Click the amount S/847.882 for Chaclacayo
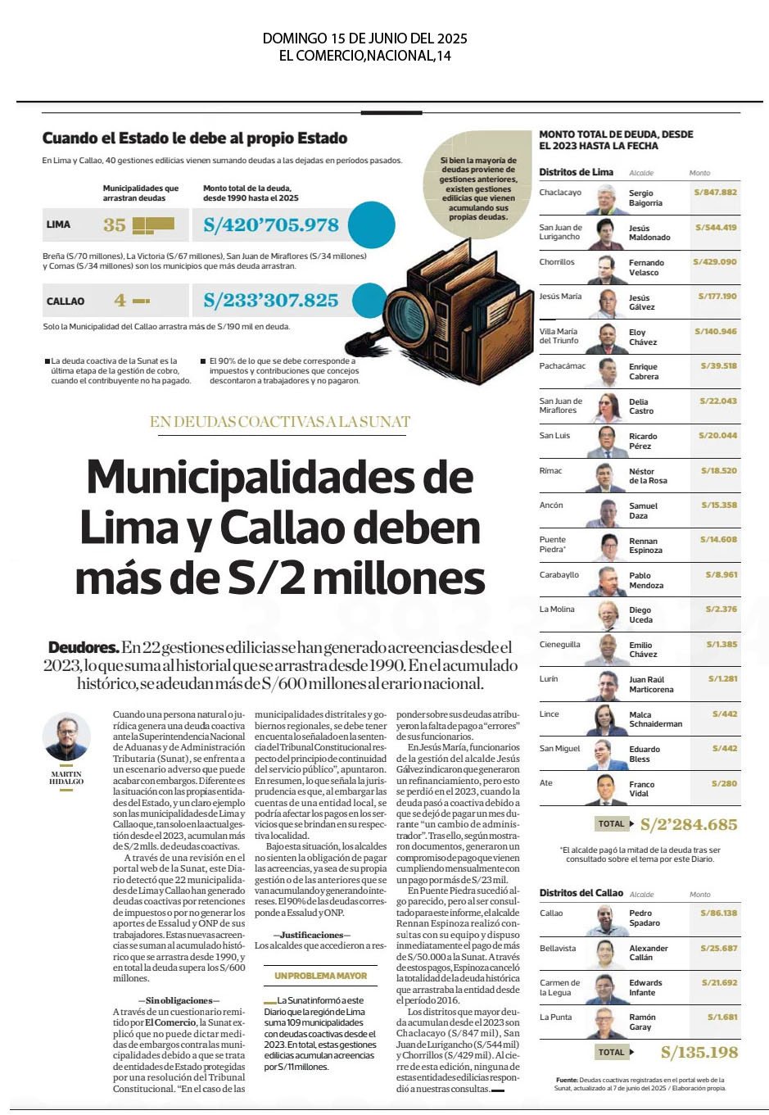715,193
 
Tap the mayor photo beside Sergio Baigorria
607,199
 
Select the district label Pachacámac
562,366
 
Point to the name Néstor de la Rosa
648,476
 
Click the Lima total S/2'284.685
688,824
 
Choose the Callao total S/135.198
699,1052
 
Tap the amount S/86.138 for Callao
718,913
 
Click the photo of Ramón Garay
607,1023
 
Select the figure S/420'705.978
271,224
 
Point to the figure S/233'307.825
271,301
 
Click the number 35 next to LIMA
115,224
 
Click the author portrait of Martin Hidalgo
66,739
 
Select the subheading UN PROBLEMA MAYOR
321,976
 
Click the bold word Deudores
84,648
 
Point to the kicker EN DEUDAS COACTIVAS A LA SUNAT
280,422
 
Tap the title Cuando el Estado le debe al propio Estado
195,138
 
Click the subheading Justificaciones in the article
311,935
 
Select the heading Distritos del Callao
581,893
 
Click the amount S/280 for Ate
724,783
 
